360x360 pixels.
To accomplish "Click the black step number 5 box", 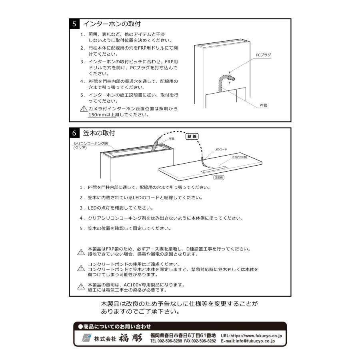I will tap(74, 24).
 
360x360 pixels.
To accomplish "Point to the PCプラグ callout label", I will tap(264, 54).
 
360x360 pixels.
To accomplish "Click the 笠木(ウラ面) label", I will tap(240, 157).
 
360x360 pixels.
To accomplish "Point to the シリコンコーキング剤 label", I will tap(90, 143).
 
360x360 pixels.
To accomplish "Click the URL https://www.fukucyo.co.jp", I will tap(252, 336).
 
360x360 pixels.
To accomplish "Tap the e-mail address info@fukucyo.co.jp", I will tap(252, 342).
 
